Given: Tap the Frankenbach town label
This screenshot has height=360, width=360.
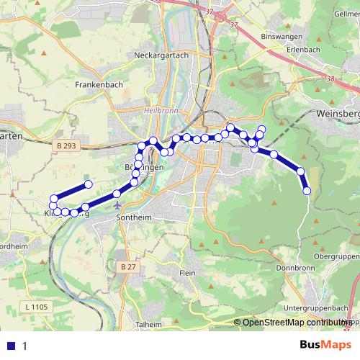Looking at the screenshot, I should tap(99, 84).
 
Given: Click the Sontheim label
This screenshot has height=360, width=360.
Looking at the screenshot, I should tap(132, 216).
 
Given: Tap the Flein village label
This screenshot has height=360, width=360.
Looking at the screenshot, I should tap(187, 273).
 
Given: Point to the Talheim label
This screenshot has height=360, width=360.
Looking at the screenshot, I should tap(148, 325).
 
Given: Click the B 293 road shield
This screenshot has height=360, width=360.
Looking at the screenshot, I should tap(65, 145).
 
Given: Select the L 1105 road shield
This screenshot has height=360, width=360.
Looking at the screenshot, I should tap(35, 307).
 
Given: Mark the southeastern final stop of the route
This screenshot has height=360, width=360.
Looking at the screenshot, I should tap(307, 191).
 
